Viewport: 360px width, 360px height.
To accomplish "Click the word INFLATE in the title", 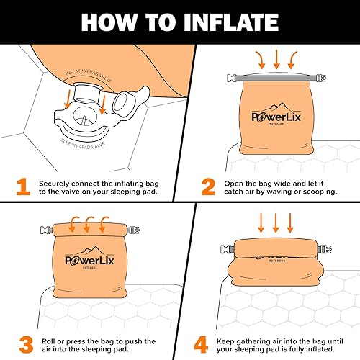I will (x=218, y=21).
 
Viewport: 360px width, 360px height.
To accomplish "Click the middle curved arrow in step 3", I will (x=87, y=222).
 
